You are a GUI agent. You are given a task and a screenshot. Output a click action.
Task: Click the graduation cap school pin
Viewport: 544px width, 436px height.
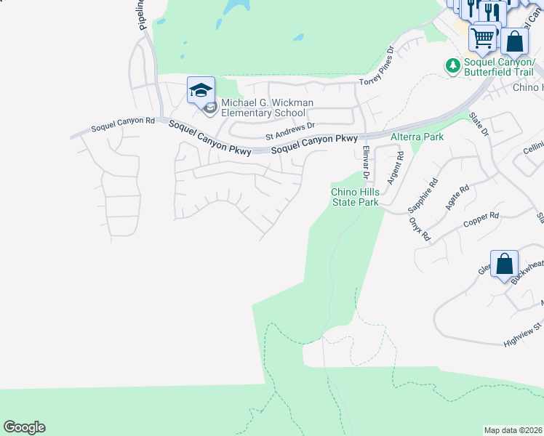coord(201,91)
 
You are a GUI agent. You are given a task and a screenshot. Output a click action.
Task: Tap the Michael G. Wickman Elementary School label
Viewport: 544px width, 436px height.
coord(267,108)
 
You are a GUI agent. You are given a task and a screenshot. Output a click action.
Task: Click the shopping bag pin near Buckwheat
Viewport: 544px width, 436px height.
coord(504,265)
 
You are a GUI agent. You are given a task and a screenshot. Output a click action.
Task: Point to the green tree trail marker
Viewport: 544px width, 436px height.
coord(452,65)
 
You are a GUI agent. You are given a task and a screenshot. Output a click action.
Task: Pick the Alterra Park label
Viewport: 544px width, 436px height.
coord(417,137)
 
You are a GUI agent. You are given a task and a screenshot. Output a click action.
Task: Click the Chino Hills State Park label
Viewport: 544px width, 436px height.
coord(355,197)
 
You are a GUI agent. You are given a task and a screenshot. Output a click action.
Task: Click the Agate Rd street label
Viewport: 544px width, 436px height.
coord(458,198)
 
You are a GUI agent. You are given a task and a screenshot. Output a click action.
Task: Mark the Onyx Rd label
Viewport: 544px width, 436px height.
coord(420,230)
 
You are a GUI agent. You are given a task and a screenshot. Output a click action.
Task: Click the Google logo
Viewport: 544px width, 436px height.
coord(24,427)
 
